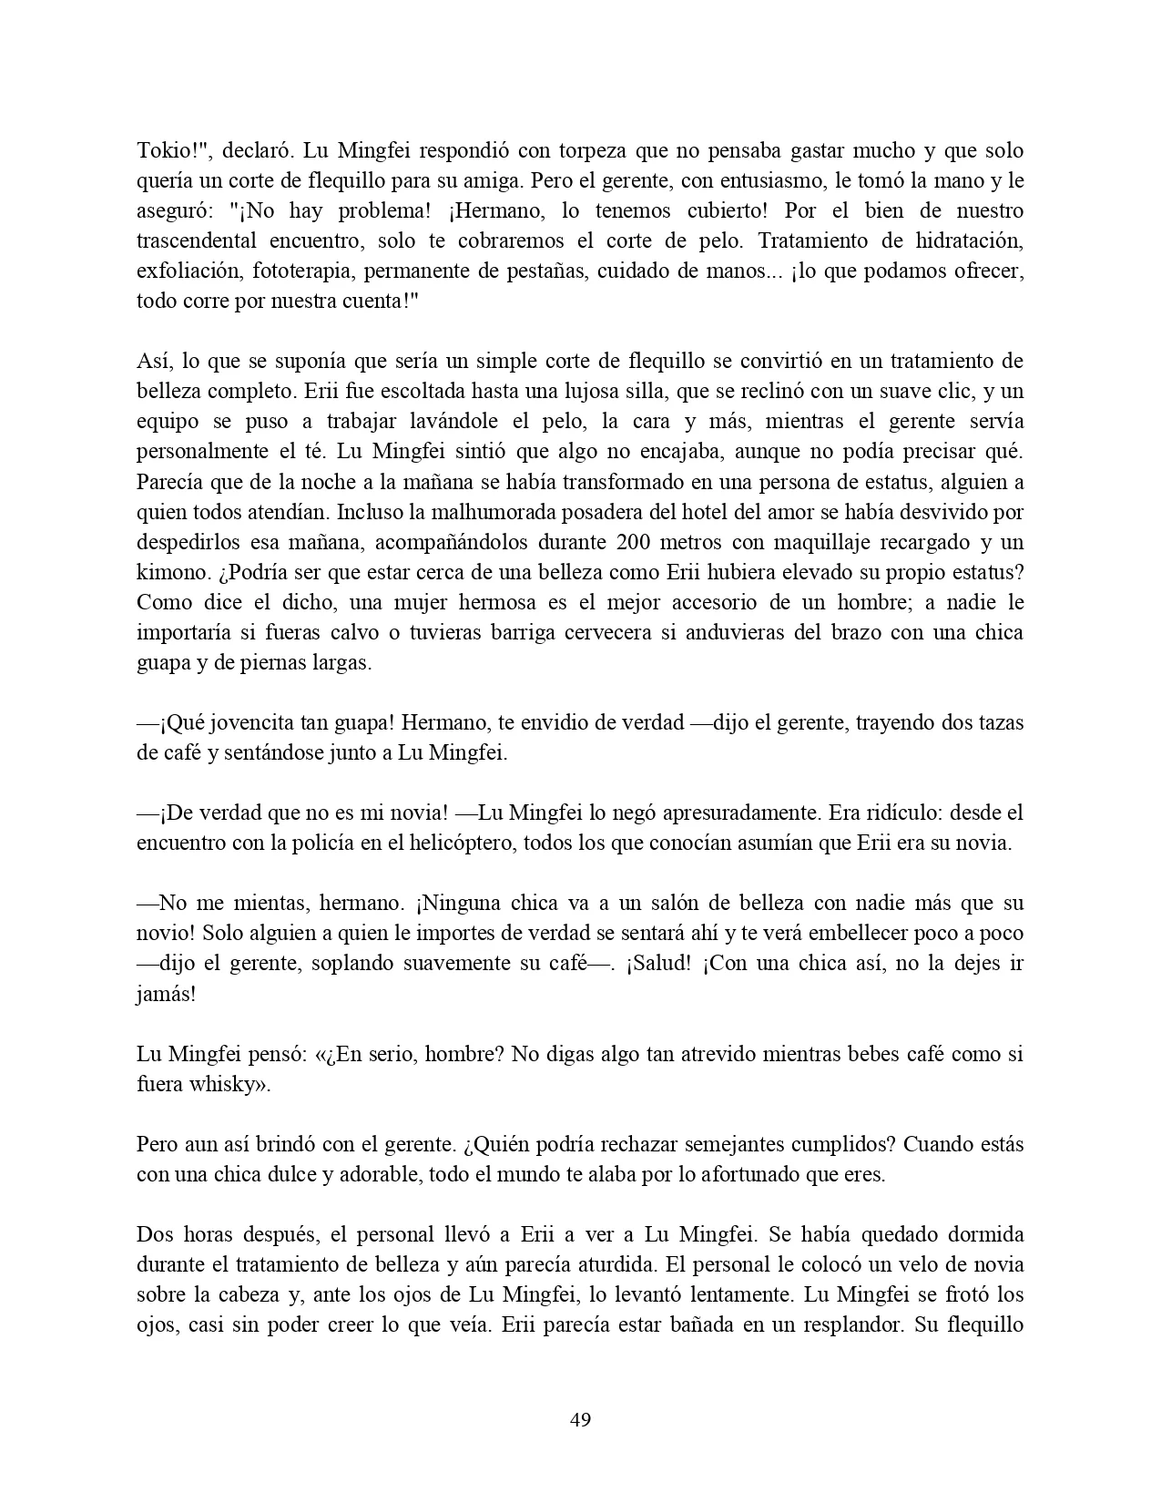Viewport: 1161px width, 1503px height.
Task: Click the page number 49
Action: (x=580, y=1419)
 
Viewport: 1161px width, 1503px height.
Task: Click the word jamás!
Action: (x=166, y=993)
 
